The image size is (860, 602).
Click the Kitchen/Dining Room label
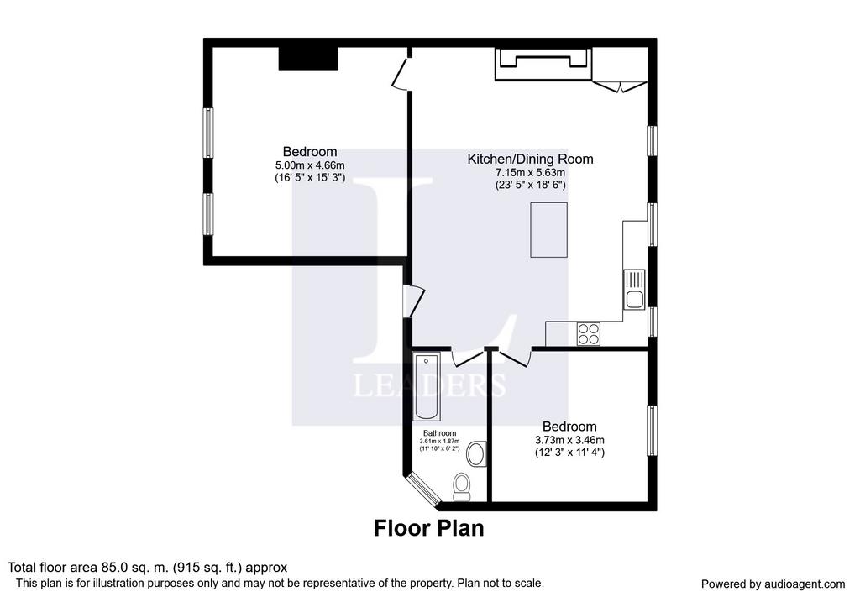tap(530, 159)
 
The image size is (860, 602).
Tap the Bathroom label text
tap(439, 433)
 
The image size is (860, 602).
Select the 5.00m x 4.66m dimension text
tap(310, 165)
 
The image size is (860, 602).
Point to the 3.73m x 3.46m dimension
tap(569, 440)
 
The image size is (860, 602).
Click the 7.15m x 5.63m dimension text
tap(530, 172)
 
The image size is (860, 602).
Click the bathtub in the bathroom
tap(426, 387)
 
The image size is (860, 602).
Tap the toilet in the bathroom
tap(463, 487)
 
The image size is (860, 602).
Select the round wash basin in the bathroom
tap(476, 454)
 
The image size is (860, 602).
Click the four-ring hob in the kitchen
tap(588, 334)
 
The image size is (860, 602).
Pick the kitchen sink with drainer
tap(634, 290)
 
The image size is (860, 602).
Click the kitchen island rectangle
tap(548, 230)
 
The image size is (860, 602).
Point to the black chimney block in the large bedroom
tap(308, 59)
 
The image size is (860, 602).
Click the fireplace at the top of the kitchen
tap(543, 64)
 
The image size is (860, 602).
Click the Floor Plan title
tap(429, 528)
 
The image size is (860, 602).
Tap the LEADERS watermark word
tap(429, 385)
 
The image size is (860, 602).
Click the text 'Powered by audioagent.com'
tap(773, 584)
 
